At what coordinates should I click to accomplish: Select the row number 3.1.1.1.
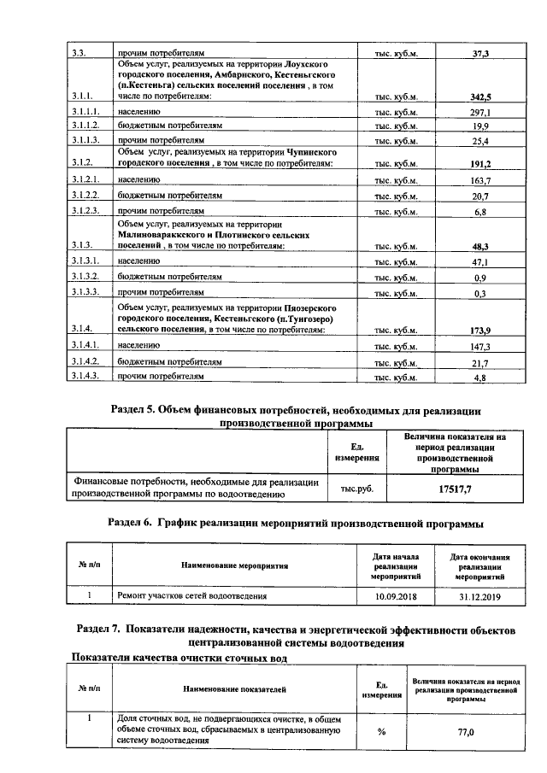click(86, 112)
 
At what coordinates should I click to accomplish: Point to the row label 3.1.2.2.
click(86, 196)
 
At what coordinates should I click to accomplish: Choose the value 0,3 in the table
click(479, 293)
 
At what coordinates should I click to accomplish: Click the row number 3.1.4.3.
click(86, 377)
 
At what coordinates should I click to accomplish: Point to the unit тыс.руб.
click(357, 489)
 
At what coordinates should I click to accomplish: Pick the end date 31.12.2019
click(479, 595)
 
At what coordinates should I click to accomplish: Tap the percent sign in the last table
click(381, 731)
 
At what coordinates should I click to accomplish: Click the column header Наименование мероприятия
click(234, 565)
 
